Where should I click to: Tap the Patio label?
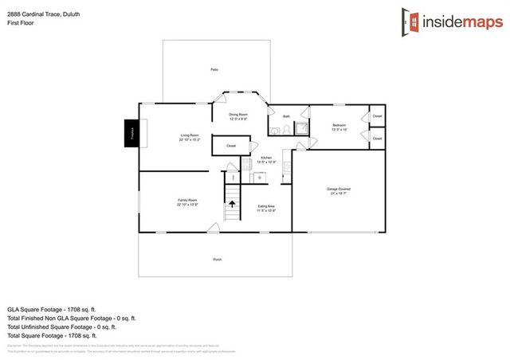(x=214, y=71)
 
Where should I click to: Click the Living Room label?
(x=189, y=137)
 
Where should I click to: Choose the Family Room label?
(x=187, y=202)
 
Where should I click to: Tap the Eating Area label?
(x=266, y=209)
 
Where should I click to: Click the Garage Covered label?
(x=339, y=190)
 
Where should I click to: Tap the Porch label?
(x=217, y=260)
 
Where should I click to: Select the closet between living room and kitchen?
(x=231, y=146)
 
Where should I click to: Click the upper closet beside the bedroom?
(x=377, y=116)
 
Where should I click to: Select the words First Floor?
(x=20, y=23)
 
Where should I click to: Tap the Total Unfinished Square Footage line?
(x=61, y=327)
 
